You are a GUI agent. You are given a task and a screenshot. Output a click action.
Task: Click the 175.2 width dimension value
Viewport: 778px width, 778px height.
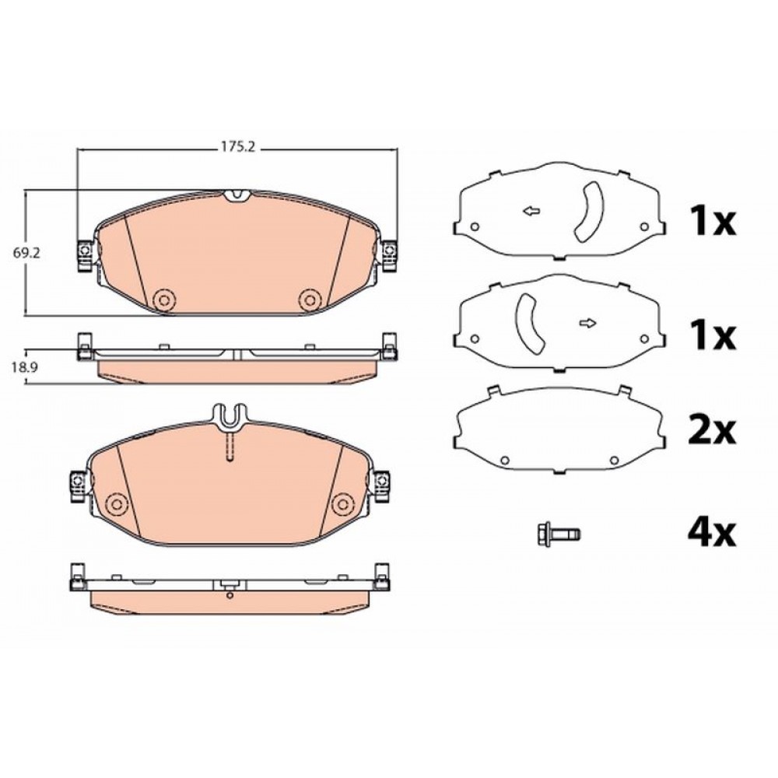[237, 147]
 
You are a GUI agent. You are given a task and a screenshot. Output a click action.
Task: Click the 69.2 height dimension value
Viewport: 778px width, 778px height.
[26, 253]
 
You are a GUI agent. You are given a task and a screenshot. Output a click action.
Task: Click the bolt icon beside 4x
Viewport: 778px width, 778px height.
[559, 534]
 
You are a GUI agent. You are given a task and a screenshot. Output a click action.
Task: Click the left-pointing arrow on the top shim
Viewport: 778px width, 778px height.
[531, 212]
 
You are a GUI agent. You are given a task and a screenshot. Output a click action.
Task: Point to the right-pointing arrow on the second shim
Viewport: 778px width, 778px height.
[588, 324]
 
